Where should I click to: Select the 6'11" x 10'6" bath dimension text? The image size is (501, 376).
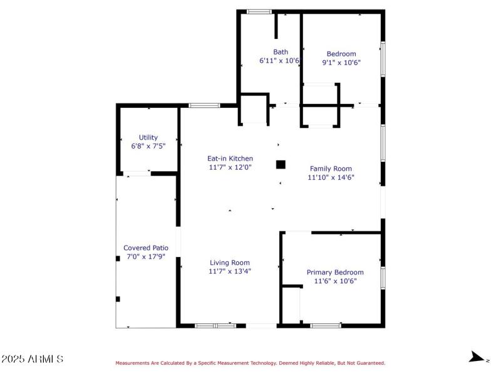279,61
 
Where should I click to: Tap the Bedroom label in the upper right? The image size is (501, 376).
341,54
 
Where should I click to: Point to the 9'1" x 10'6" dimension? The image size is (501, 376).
341,63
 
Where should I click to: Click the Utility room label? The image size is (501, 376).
148,137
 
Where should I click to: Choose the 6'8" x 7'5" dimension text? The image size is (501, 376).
148,146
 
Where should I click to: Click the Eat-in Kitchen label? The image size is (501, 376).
230,159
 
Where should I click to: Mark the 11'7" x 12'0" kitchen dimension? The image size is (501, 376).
230,167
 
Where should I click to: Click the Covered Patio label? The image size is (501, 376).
146,248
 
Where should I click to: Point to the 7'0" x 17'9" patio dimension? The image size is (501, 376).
146,256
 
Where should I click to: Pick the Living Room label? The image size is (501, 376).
230,263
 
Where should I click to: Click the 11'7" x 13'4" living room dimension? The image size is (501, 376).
230,271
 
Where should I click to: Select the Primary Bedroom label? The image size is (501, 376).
335,272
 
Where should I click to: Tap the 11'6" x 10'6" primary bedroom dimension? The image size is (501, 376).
335,281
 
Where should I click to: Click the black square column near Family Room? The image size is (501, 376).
281,165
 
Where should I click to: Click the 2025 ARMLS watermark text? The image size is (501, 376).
32,359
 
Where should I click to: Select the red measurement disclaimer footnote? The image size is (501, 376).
250,363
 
